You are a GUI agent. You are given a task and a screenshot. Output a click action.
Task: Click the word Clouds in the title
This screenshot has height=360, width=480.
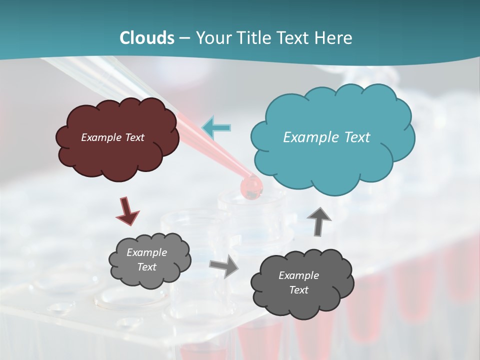pos(147,38)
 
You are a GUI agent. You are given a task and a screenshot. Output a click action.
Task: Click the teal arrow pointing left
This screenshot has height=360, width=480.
pos(216,127)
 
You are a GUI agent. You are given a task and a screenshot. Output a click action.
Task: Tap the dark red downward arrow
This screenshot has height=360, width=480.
pos(127,210)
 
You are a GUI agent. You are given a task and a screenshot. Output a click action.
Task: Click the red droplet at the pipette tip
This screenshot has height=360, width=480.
pos(251,187)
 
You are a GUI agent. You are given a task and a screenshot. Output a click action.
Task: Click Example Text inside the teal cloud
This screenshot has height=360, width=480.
pos(326,137)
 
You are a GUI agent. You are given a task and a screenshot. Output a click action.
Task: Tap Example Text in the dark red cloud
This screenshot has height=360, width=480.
pos(112,137)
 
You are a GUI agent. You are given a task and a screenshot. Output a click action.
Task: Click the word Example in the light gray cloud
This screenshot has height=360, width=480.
pos(146,252)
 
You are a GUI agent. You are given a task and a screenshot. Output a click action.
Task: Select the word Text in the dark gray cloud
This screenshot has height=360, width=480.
pos(298,290)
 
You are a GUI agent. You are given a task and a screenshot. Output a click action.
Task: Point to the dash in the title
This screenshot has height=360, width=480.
pos(184,38)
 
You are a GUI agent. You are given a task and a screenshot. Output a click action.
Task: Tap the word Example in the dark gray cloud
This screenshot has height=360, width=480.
pos(298,275)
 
